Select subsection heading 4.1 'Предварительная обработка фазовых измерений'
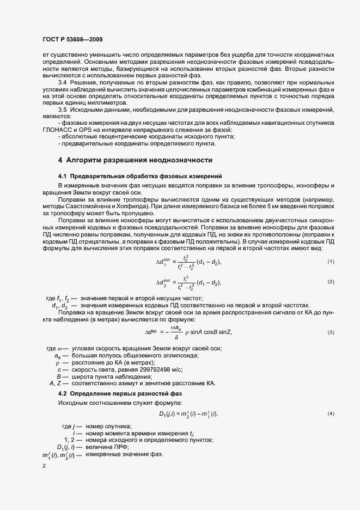point(141,177)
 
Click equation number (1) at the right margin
point(331,262)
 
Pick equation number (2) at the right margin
point(331,282)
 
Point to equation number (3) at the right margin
point(331,332)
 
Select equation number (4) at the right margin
point(331,414)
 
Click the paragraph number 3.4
point(62,82)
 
